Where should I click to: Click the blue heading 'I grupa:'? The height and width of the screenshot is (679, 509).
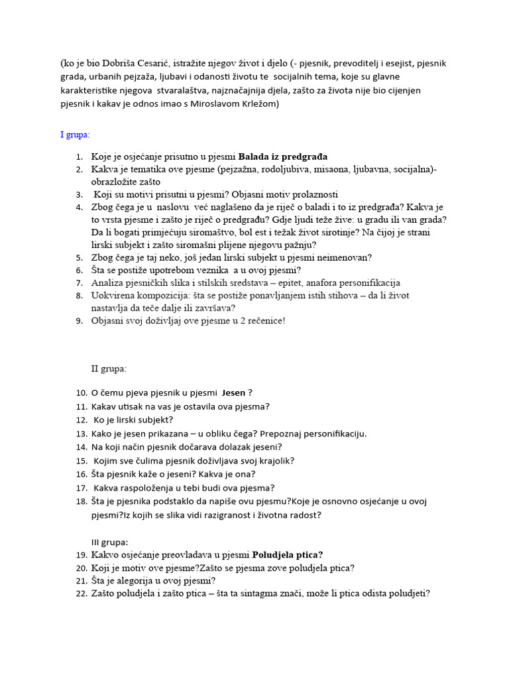[75, 135]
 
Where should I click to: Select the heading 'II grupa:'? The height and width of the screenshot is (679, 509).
[109, 368]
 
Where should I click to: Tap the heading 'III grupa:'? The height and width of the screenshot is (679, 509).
[110, 542]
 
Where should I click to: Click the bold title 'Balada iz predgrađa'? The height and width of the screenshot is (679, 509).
[283, 157]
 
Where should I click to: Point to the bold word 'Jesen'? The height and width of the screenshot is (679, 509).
[233, 393]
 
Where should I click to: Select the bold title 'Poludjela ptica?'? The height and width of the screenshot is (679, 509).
[288, 555]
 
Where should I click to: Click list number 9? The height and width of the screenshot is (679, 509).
[78, 321]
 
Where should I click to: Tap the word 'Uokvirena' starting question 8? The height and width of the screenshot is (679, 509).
[115, 296]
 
